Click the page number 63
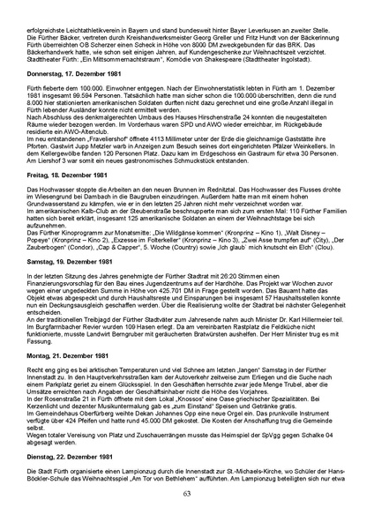point(187,516)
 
